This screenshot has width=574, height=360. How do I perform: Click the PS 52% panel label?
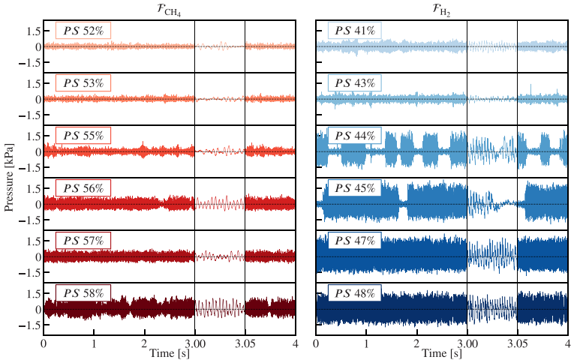[x=83, y=31]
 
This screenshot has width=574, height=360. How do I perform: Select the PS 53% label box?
[x=83, y=84]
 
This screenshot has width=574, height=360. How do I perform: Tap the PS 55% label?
[x=83, y=136]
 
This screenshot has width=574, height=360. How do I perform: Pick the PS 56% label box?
[x=83, y=188]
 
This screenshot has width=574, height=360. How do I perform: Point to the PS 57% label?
[x=83, y=240]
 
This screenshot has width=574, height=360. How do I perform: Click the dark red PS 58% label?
[x=83, y=292]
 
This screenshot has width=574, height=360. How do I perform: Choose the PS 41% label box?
[x=355, y=31]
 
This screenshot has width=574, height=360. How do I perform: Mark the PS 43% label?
[x=355, y=84]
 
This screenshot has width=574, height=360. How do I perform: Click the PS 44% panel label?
[x=355, y=136]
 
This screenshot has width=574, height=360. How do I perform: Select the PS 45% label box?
[x=355, y=188]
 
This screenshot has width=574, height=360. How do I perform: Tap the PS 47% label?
[x=355, y=240]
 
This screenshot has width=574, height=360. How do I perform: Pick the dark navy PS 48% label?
[x=355, y=292]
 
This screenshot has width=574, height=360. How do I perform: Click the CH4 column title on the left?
[x=169, y=9]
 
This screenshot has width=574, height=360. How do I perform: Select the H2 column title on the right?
[x=441, y=9]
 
